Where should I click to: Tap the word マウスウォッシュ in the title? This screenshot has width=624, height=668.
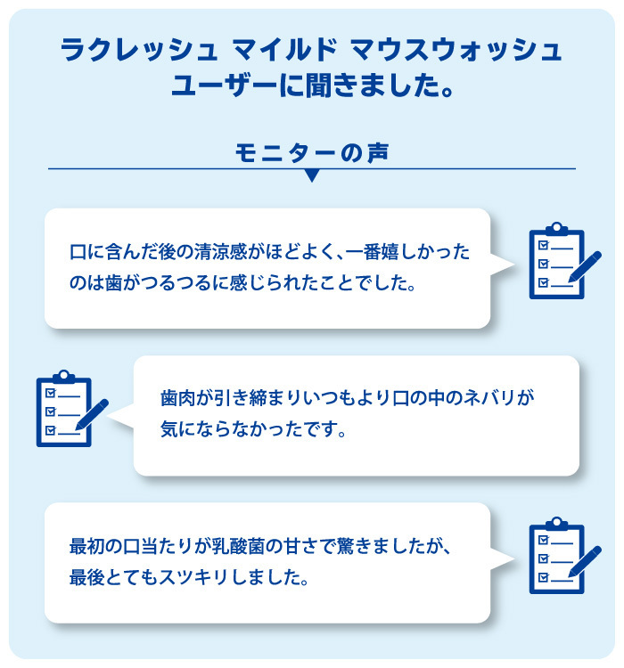coord(456,50)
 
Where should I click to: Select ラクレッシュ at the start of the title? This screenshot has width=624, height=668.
coord(139,50)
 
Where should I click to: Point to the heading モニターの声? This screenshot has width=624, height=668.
coord(312,152)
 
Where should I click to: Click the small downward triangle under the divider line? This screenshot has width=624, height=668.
coord(312,175)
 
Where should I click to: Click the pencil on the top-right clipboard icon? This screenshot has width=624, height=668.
coord(585,266)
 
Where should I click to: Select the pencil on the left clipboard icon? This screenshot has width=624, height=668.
coord(92,414)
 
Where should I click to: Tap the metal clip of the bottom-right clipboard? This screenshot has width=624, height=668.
coord(556,524)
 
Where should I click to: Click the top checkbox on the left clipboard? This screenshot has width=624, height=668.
coord(50,393)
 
